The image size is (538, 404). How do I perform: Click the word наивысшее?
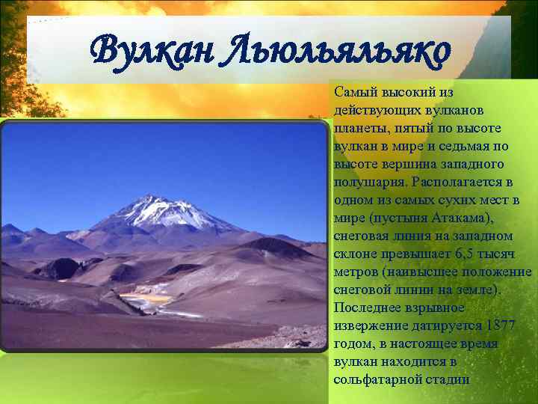(x=418, y=272)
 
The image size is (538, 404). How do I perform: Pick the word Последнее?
(x=368, y=307)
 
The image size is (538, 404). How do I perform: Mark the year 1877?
(x=501, y=325)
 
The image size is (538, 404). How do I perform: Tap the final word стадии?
(x=448, y=379)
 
